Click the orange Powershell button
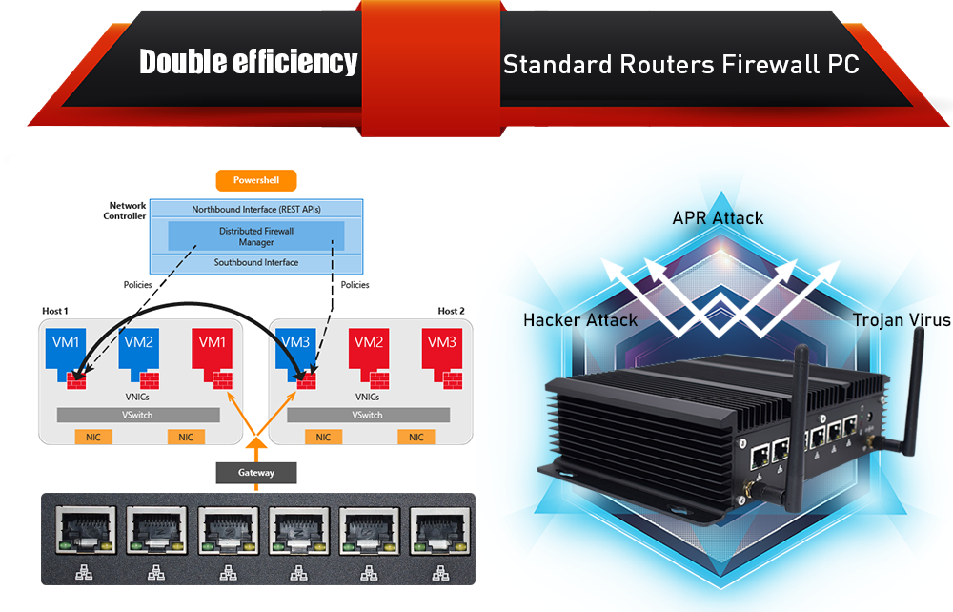point(256,180)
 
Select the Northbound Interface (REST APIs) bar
point(255,209)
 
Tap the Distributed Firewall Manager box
point(255,236)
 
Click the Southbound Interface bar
point(255,263)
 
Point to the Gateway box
point(255,473)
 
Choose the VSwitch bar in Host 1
point(138,415)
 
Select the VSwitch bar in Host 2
point(368,415)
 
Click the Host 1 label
point(55,311)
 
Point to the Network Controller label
point(127,211)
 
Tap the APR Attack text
point(718,218)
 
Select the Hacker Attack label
point(580,319)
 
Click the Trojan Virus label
point(902,319)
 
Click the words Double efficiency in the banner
point(248,62)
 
